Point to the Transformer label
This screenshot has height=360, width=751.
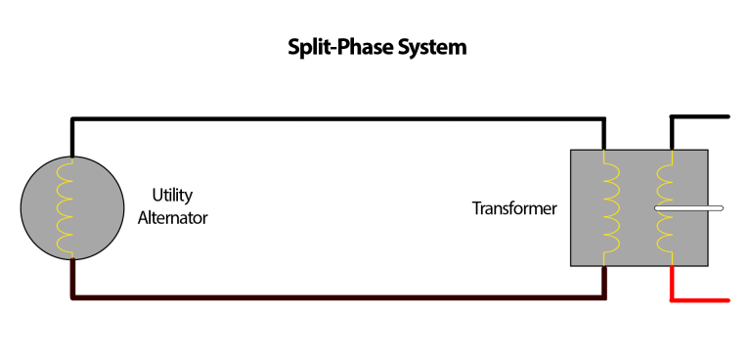(x=514, y=208)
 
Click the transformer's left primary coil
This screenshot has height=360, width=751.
(x=611, y=206)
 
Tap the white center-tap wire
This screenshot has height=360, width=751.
(x=690, y=207)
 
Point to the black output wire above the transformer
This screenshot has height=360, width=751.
(x=700, y=116)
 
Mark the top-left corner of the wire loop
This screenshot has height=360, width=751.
(x=72, y=120)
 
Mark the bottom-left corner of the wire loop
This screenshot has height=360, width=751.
(x=72, y=296)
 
